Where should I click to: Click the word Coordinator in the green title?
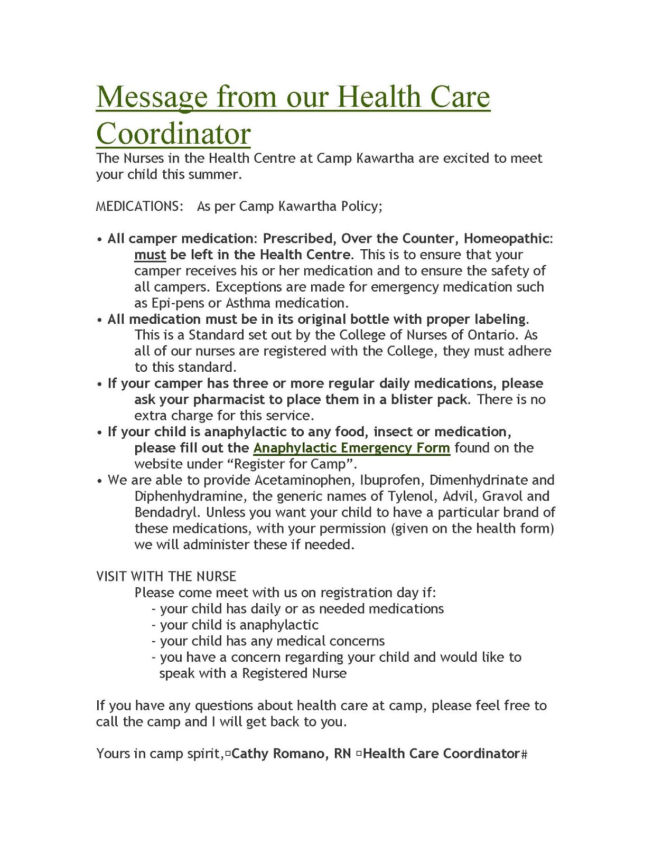173,134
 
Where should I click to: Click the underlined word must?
150,255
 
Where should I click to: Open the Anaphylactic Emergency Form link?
351,448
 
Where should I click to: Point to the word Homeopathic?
507,238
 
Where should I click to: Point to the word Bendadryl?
167,512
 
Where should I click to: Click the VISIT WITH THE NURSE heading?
166,576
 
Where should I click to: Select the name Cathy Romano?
278,754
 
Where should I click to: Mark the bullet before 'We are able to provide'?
99,481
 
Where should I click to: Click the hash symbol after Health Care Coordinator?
524,754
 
